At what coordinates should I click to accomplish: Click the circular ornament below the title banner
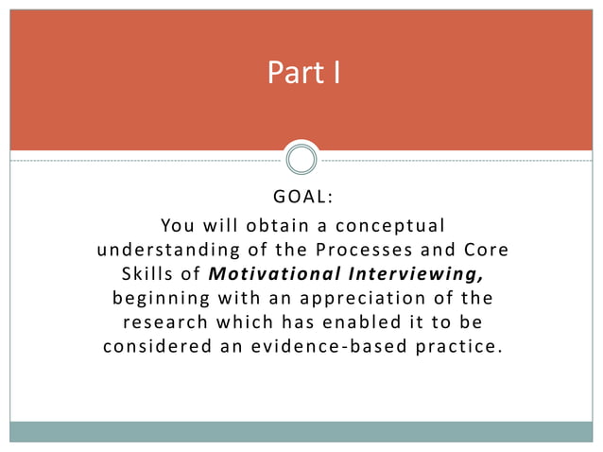(x=301, y=160)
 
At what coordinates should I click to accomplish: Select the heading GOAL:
(x=302, y=199)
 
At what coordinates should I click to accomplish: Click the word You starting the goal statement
(x=179, y=226)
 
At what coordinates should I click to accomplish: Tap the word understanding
(x=166, y=251)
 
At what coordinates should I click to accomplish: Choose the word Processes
(x=360, y=251)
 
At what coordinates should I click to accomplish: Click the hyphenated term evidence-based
(x=328, y=347)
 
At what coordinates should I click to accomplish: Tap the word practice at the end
(x=457, y=347)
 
